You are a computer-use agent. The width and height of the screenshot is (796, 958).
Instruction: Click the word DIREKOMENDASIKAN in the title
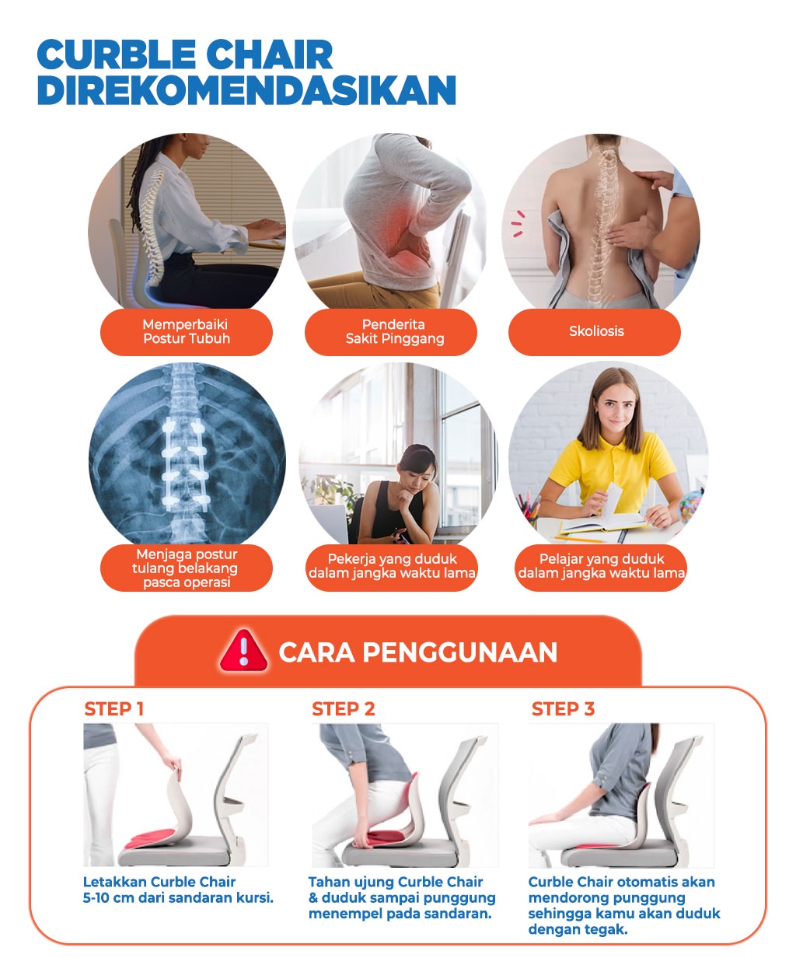(246, 90)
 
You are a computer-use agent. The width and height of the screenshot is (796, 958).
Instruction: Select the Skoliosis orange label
(595, 332)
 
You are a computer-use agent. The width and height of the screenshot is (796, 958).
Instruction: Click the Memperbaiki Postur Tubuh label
(187, 332)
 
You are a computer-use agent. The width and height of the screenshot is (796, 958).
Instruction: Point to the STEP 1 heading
(113, 708)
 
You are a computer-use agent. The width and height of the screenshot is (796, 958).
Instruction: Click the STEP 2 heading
(343, 708)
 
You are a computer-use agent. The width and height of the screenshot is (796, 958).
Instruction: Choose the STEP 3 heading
(563, 708)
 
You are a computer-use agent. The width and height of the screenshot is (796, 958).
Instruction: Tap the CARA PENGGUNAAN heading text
(417, 652)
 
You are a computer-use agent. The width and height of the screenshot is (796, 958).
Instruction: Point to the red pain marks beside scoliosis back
(518, 223)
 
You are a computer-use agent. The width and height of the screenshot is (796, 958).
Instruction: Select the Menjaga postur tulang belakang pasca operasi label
(187, 568)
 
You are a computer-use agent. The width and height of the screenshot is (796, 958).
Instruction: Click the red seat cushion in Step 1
(152, 839)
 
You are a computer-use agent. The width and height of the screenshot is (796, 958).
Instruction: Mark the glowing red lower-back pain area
(403, 226)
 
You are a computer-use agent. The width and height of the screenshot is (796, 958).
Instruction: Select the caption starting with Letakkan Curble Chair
(178, 890)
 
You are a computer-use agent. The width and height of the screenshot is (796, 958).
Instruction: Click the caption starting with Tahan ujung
(401, 898)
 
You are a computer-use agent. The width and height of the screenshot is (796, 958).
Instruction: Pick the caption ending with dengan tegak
(623, 906)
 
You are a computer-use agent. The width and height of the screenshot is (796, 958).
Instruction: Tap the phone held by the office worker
(401, 536)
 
